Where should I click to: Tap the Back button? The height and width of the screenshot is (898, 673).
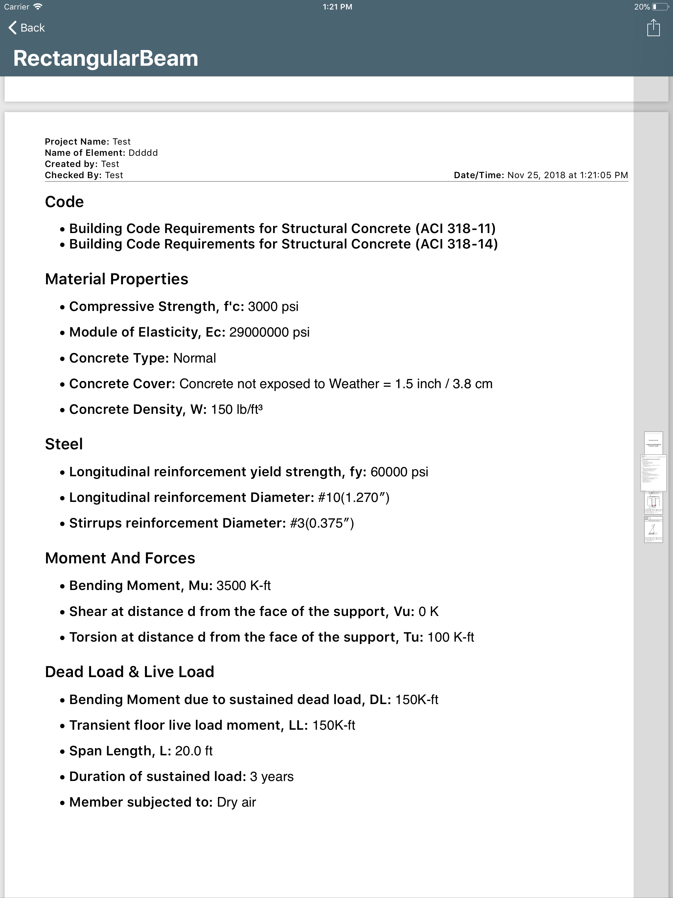pos(27,28)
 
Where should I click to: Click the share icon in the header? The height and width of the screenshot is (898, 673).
pos(653,28)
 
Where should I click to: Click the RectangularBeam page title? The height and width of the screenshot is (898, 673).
pos(105,58)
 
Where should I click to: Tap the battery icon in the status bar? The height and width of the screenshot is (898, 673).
pos(660,7)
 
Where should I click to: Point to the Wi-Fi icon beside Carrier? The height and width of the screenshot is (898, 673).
pos(38,7)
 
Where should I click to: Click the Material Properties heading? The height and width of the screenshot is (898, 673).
pos(117,279)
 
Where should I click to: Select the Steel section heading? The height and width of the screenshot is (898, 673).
pos(64,444)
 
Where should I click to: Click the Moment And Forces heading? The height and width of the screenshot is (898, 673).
pos(120,558)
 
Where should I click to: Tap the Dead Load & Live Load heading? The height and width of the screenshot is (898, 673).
pos(129,672)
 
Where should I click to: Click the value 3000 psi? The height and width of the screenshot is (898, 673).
pos(273,306)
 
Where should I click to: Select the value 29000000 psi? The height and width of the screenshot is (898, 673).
pos(269,332)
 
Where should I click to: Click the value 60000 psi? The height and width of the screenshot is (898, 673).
pos(399,472)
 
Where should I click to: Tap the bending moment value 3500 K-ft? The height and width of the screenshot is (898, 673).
pos(243,585)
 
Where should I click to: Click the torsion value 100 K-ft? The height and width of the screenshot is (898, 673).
pos(451,637)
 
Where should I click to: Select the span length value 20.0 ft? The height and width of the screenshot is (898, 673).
pos(194,751)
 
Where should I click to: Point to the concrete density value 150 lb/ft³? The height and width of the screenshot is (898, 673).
pos(237,409)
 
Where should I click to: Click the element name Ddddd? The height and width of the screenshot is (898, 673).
pos(143,153)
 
